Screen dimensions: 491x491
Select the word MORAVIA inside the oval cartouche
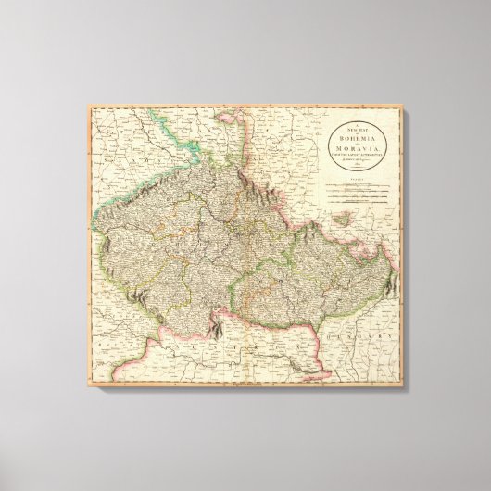pyautogui.click(x=357, y=149)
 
